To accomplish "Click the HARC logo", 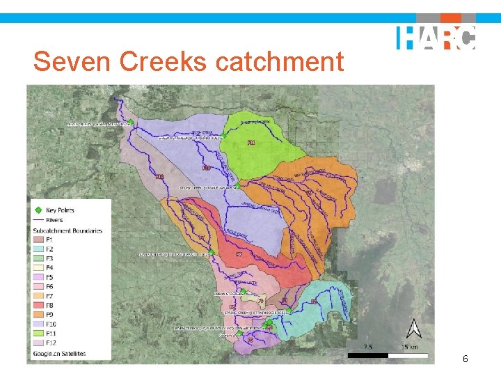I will (x=436, y=38).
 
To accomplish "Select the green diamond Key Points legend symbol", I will (x=37, y=210).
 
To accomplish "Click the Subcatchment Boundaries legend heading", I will (x=67, y=230).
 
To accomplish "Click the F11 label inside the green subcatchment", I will (x=251, y=143).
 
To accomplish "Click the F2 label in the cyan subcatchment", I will (x=314, y=301).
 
